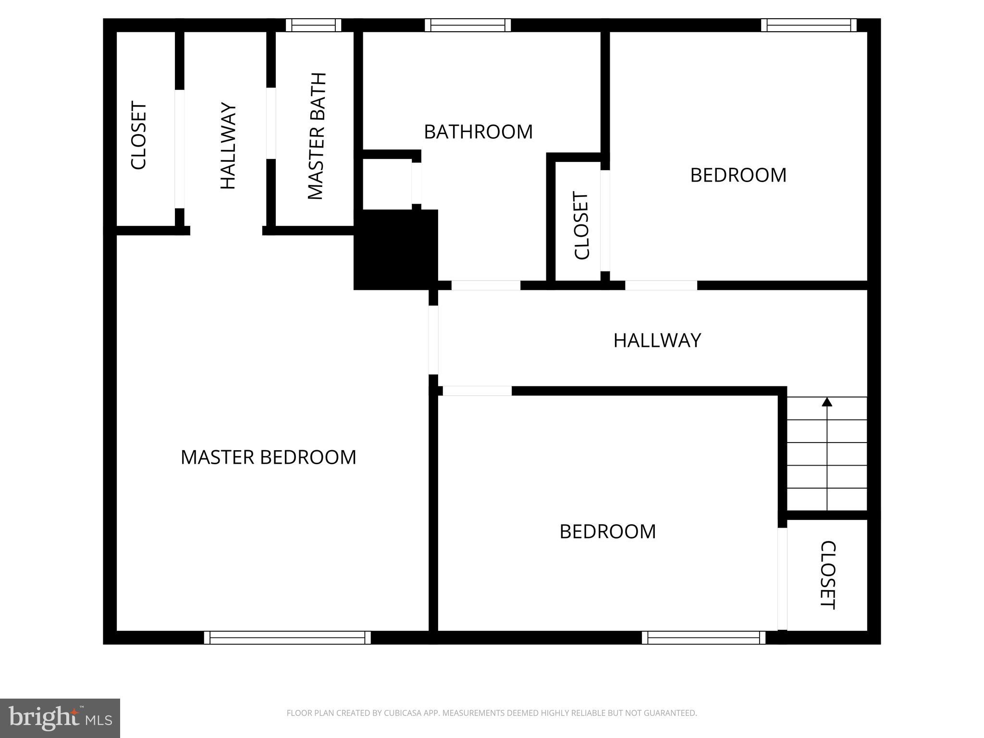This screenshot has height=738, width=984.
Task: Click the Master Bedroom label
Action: [x=268, y=457]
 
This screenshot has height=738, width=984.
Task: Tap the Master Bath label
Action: [x=317, y=136]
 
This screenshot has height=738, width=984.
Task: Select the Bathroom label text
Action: [x=478, y=132]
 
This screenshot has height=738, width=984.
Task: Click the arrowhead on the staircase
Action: [x=827, y=402]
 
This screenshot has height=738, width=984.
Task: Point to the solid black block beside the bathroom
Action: [x=395, y=250]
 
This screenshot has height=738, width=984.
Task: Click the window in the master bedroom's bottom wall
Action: [x=287, y=638]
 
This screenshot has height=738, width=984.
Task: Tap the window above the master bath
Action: [x=313, y=25]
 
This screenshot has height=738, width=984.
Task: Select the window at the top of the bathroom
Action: [x=467, y=25]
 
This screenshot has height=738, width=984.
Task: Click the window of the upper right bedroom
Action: [x=809, y=25]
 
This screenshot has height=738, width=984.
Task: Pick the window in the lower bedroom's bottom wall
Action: [x=703, y=638]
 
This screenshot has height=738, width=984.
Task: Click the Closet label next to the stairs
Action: [x=828, y=575]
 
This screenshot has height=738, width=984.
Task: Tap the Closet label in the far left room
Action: [x=139, y=135]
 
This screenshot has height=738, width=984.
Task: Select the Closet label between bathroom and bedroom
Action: [x=581, y=226]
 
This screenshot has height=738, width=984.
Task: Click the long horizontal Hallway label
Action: [x=657, y=341]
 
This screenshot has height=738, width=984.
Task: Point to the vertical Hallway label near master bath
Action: [x=228, y=146]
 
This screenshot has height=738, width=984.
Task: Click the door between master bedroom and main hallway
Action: [x=433, y=340]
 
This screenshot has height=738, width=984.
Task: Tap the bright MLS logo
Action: [x=60, y=718]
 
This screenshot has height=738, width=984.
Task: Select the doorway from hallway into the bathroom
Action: [x=486, y=285]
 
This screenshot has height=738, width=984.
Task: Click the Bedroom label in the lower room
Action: [x=607, y=531]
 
